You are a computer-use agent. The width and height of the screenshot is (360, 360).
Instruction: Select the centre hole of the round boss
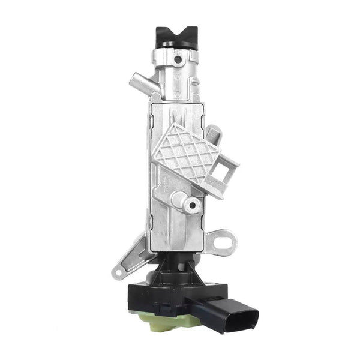pyautogui.click(x=192, y=206)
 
